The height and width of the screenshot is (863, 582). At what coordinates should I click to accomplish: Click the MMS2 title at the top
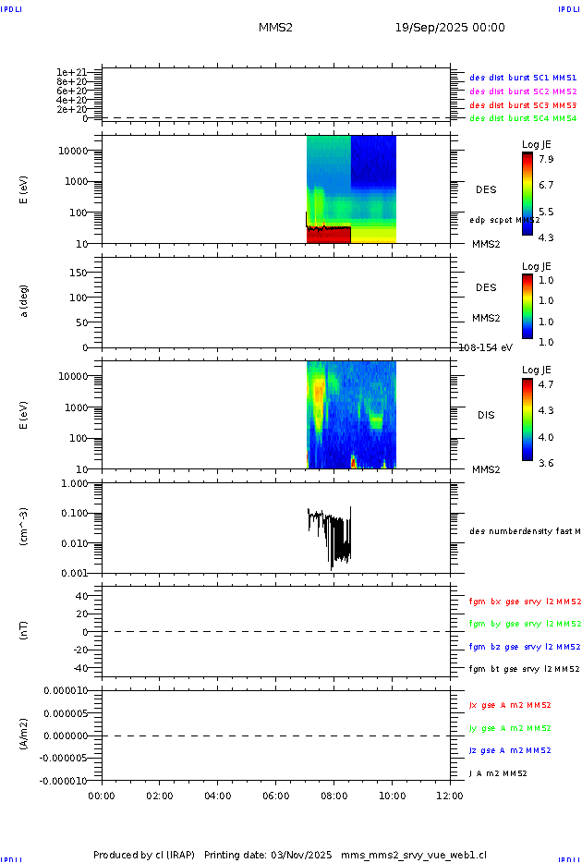[275, 28]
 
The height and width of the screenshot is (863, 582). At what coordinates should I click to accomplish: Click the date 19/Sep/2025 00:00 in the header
[450, 28]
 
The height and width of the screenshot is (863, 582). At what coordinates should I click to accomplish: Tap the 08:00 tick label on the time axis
[333, 795]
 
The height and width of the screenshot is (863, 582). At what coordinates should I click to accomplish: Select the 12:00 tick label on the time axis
[450, 795]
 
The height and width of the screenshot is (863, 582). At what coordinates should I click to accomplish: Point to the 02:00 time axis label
[160, 795]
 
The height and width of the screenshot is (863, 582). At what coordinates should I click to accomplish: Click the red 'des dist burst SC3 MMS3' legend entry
[523, 105]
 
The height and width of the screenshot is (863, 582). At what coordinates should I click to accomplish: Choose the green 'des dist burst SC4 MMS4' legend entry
[523, 118]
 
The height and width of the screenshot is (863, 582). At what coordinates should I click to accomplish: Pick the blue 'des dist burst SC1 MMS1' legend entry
[523, 79]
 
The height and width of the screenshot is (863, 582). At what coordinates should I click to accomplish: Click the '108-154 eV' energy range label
[486, 347]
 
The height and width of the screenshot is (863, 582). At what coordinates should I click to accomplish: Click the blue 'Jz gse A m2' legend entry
[510, 750]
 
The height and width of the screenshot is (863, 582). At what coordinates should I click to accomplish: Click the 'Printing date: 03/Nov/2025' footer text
[268, 855]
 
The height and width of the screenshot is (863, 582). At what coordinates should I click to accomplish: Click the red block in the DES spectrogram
[328, 236]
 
